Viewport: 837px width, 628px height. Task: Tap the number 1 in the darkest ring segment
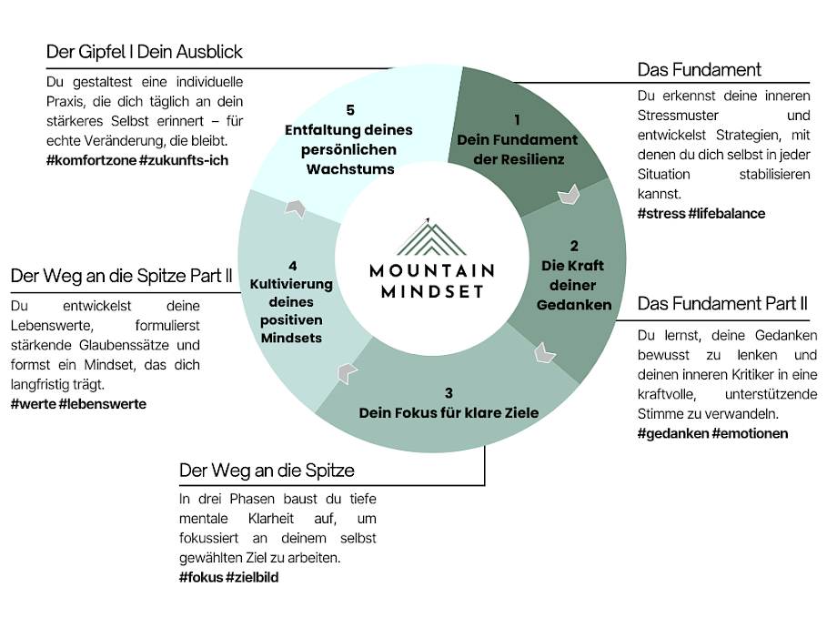(517, 119)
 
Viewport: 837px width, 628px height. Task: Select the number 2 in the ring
(573, 245)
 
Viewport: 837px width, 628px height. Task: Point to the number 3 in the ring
(449, 393)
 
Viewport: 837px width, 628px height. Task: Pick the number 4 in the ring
(292, 266)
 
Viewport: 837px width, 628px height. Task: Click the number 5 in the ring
(350, 110)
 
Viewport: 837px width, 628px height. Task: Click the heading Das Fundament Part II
(722, 303)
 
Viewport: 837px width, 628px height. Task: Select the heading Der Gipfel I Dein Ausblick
(145, 51)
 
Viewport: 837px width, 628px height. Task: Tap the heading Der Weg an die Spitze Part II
(121, 276)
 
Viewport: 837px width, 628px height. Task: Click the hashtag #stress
(661, 213)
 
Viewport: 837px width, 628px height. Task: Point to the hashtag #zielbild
(253, 577)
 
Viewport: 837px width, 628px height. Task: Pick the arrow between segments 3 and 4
(348, 372)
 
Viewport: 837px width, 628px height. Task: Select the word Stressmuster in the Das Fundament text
(678, 116)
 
